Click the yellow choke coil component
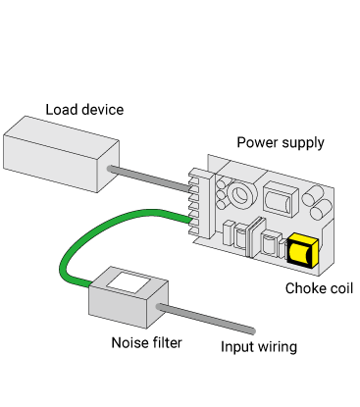pyautogui.click(x=302, y=250)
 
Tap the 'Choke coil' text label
pyautogui.click(x=319, y=288)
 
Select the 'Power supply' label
pyautogui.click(x=281, y=143)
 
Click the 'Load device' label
pyautogui.click(x=84, y=110)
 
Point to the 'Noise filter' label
pyautogui.click(x=146, y=342)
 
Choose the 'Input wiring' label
pyautogui.click(x=259, y=347)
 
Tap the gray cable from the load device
pyautogui.click(x=149, y=178)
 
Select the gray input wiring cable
pyautogui.click(x=206, y=319)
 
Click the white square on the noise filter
pyautogui.click(x=129, y=281)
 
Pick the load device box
pyautogui.click(x=61, y=154)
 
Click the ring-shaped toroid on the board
pyautogui.click(x=242, y=195)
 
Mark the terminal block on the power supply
pyautogui.click(x=201, y=203)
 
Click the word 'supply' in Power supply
pyautogui.click(x=303, y=143)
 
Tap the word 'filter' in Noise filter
pyautogui.click(x=167, y=342)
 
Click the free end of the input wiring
pyautogui.click(x=252, y=331)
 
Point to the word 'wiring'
pyautogui.click(x=278, y=347)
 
